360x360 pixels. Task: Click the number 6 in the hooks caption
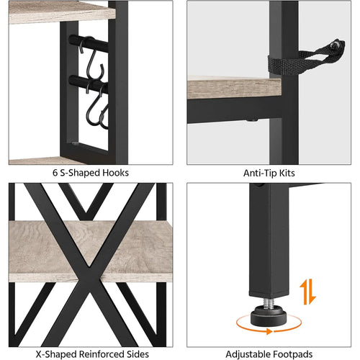pos(55,173)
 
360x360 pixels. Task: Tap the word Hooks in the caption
pos(116,173)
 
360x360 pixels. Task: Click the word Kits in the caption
pos(287,173)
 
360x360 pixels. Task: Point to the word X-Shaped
pos(56,354)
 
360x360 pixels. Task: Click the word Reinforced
pos(102,354)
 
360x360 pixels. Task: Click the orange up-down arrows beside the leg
pos(308,292)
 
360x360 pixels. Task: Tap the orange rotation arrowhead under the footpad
pos(269,331)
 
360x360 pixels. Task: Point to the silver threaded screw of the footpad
pos(269,302)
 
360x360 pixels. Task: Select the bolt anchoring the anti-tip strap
pos(334,45)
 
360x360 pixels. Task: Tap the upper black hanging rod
pos(89,43)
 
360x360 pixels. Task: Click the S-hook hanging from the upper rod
pos(92,59)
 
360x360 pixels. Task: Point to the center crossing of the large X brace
pos(89,266)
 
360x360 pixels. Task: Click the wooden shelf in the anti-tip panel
pos(234,87)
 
